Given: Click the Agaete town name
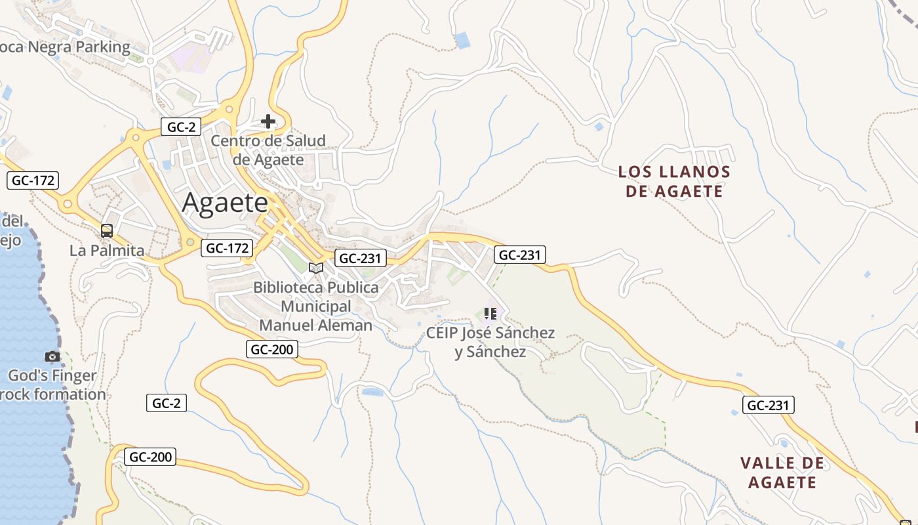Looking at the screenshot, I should (225, 203).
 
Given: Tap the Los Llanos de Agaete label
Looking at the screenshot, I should (674, 182).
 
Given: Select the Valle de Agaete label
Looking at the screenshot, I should (782, 472).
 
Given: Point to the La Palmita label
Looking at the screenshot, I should (107, 251).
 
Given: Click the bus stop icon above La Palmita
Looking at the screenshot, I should (107, 231).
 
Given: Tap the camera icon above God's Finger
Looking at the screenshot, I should (52, 357).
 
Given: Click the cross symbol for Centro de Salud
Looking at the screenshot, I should (268, 121).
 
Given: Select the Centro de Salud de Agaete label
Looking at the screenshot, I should (268, 150).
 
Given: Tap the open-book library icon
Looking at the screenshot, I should (316, 268).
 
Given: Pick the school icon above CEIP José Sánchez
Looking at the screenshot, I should (490, 314).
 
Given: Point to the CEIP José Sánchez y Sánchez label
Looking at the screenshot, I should (490, 342).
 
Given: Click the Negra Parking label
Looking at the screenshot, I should (65, 47).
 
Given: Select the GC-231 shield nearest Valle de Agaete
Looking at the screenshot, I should (768, 406).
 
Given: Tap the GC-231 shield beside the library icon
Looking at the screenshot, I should (360, 259).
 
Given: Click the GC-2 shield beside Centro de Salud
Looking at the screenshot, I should (181, 127).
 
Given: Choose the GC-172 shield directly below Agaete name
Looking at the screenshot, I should (226, 248).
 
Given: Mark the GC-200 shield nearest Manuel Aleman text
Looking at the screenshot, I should (272, 350).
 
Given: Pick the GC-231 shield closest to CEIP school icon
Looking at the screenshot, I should (520, 255).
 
